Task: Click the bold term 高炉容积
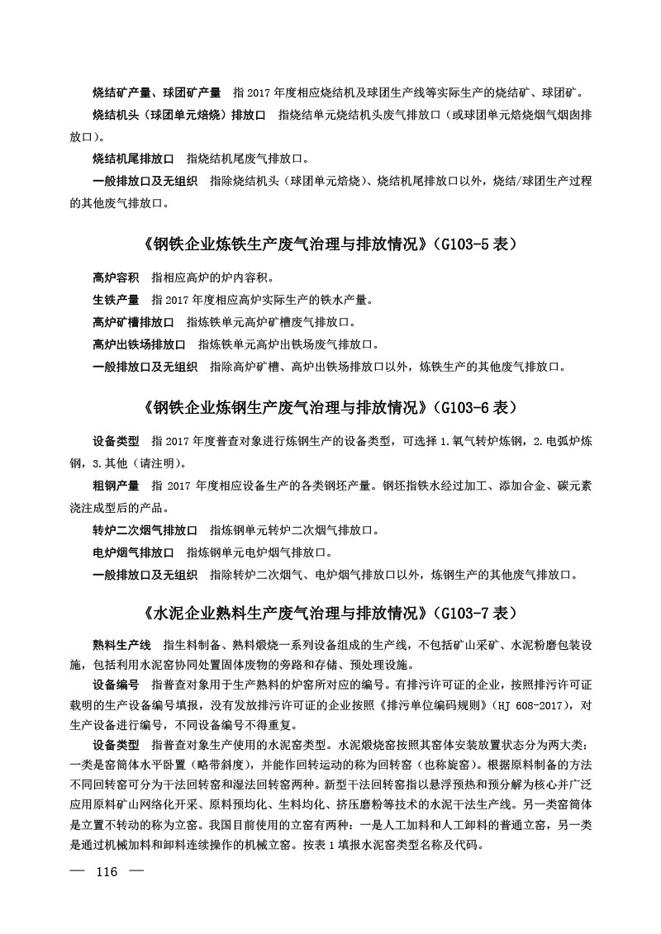tap(116, 277)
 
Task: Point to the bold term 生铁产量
tap(116, 300)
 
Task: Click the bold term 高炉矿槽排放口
tap(133, 322)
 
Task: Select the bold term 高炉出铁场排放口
tap(139, 344)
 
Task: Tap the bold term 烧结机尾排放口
tap(133, 158)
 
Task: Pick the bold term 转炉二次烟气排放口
tap(145, 529)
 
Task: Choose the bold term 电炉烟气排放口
tap(133, 552)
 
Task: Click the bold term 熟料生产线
tap(121, 643)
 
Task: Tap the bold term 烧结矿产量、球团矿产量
tap(156, 91)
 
